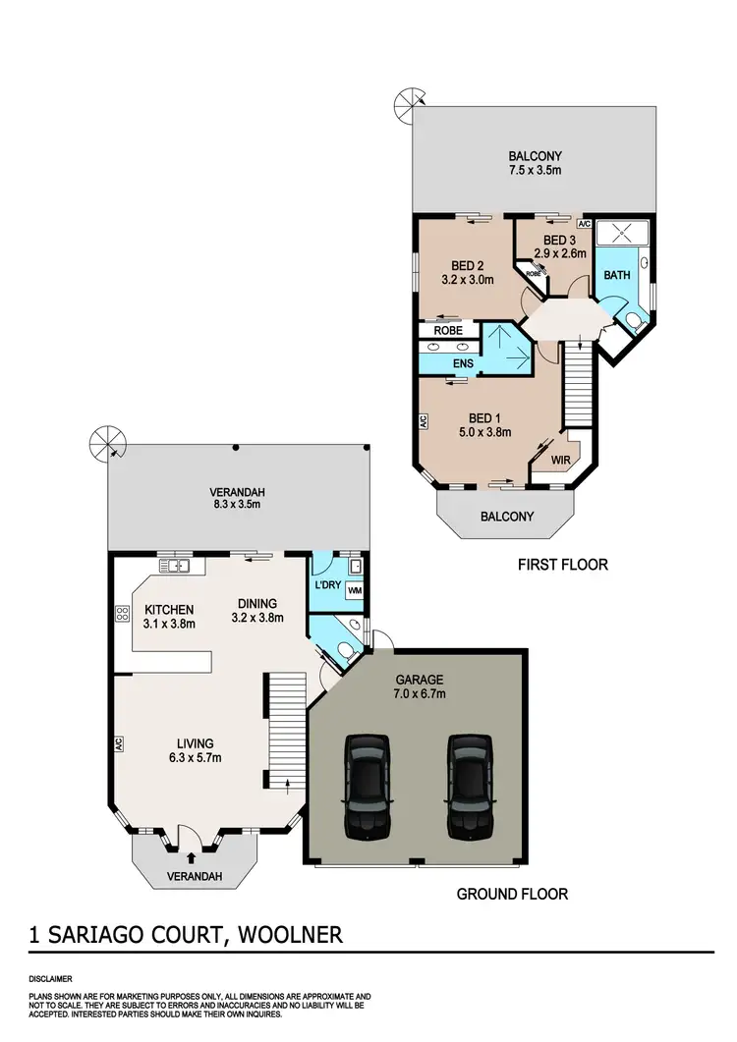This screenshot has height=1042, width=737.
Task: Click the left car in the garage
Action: coord(368,785)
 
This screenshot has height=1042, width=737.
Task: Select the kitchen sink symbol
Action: coord(179,565)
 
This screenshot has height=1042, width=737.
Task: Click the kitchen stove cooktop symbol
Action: coord(124,615)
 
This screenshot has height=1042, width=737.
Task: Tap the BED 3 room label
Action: coord(559,240)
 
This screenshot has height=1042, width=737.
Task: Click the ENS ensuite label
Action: coord(464,363)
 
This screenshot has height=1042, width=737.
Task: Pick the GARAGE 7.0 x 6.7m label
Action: coord(421,686)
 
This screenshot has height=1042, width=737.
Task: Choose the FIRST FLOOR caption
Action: coord(563,565)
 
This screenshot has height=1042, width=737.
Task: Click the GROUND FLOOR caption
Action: coord(512,894)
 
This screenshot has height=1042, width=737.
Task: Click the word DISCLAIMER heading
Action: coord(50,979)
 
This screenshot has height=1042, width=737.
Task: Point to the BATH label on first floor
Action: coord(616,275)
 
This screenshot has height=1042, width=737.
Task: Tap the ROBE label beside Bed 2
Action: coord(448,331)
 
